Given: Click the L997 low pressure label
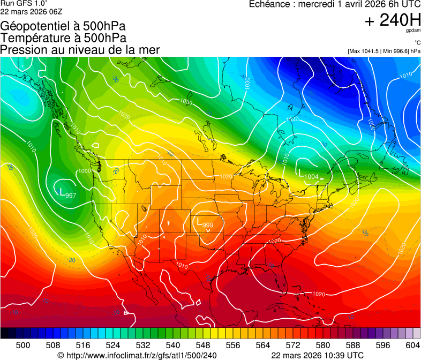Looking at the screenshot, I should tap(66, 193).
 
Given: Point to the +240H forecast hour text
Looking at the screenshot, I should tap(393, 20).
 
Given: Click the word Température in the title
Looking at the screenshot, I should tap(32, 38).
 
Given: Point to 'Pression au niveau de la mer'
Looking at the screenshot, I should tap(80, 50).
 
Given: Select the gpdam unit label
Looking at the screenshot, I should tap(414, 31).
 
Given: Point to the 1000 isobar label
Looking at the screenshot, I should tap(85, 171).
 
